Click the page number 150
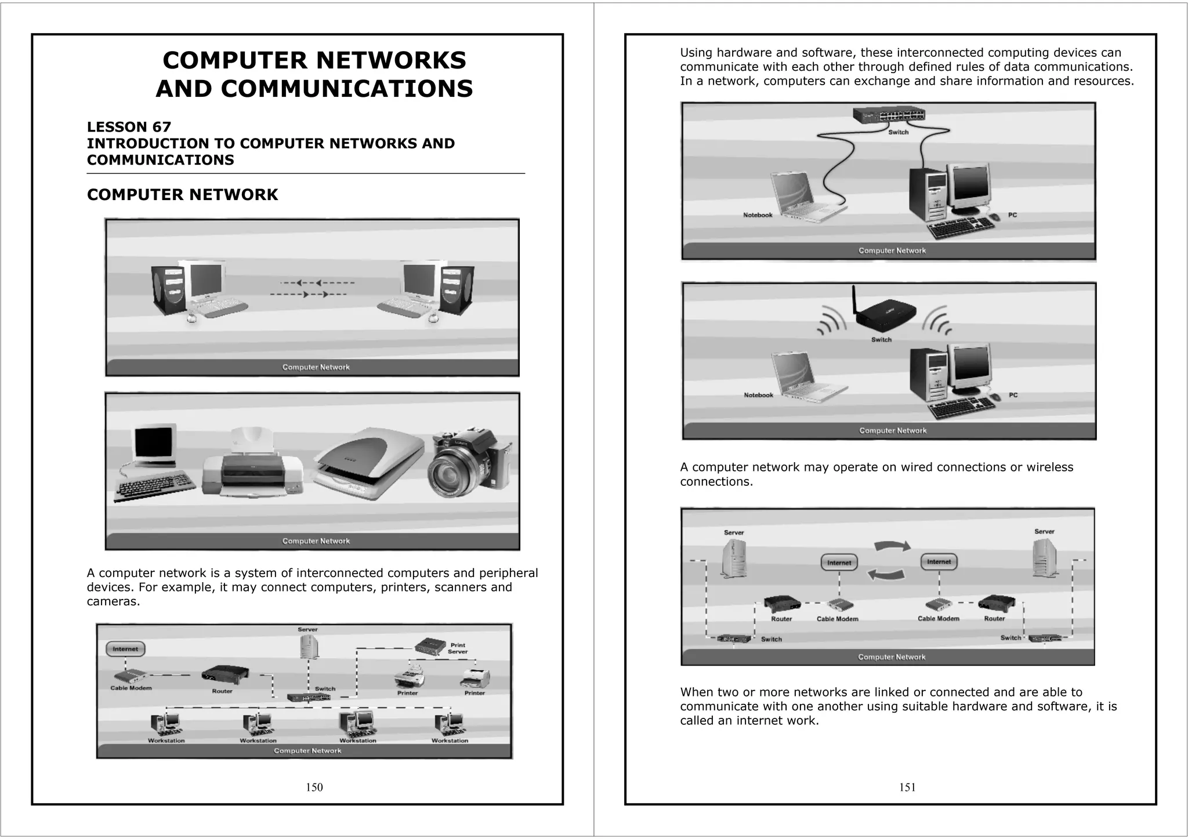[314, 787]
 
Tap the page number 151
[907, 787]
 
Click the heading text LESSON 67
[129, 127]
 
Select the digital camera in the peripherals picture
[470, 464]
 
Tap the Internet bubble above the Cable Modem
[125, 649]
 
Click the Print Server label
[458, 648]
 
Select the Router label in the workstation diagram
[222, 691]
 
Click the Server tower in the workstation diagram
[309, 646]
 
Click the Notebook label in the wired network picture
[758, 215]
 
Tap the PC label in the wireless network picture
[1013, 395]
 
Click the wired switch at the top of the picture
[889, 115]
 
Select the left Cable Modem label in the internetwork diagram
[837, 619]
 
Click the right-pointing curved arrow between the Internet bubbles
[892, 546]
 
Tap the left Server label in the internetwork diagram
[734, 532]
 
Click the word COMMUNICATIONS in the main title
[346, 89]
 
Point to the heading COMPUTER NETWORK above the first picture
[182, 195]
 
